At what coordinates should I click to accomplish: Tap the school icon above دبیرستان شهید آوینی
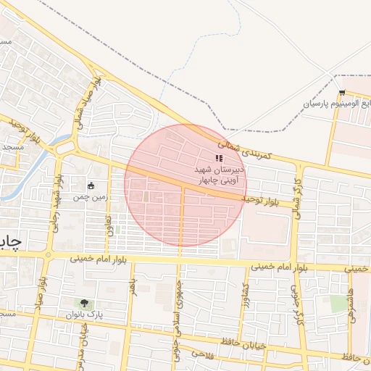220,159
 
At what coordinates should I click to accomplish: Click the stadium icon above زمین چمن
91,185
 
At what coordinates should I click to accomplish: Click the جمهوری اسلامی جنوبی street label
176,304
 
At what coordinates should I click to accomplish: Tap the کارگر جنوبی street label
296,304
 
